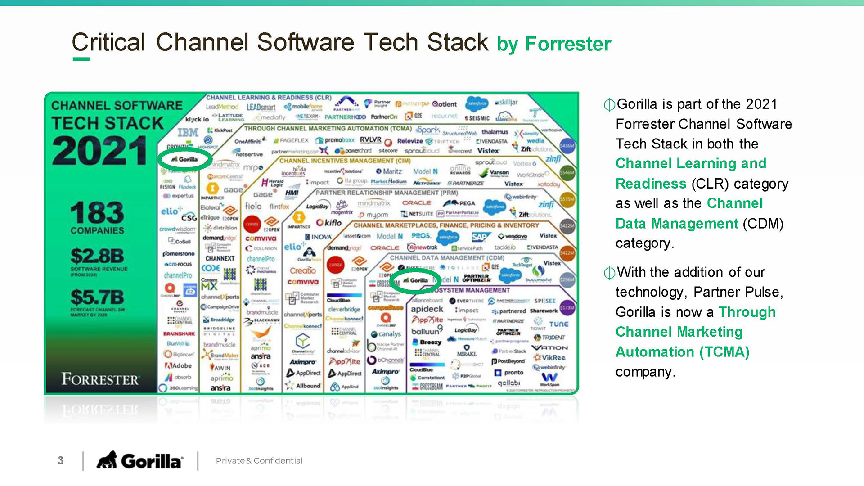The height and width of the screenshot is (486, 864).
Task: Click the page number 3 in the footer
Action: coord(61,460)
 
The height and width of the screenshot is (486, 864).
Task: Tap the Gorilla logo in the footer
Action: coord(140,460)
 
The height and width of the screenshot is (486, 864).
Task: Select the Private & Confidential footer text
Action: coord(259,460)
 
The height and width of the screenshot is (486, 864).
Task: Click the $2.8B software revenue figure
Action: coord(97,256)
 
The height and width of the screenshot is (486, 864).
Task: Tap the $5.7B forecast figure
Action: coord(97,297)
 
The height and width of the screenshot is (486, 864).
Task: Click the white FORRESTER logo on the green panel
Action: coord(100,379)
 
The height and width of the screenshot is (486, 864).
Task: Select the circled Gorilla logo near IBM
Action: coord(185,159)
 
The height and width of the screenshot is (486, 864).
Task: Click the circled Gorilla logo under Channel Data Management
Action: coord(416,280)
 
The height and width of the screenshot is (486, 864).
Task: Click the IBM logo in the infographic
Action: coord(188,132)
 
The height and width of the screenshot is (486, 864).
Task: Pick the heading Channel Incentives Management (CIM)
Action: coord(345,161)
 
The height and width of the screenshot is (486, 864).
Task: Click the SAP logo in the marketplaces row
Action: coord(480,237)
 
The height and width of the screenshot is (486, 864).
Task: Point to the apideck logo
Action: coord(427,309)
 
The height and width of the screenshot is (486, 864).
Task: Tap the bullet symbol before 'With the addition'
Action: coord(609,273)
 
